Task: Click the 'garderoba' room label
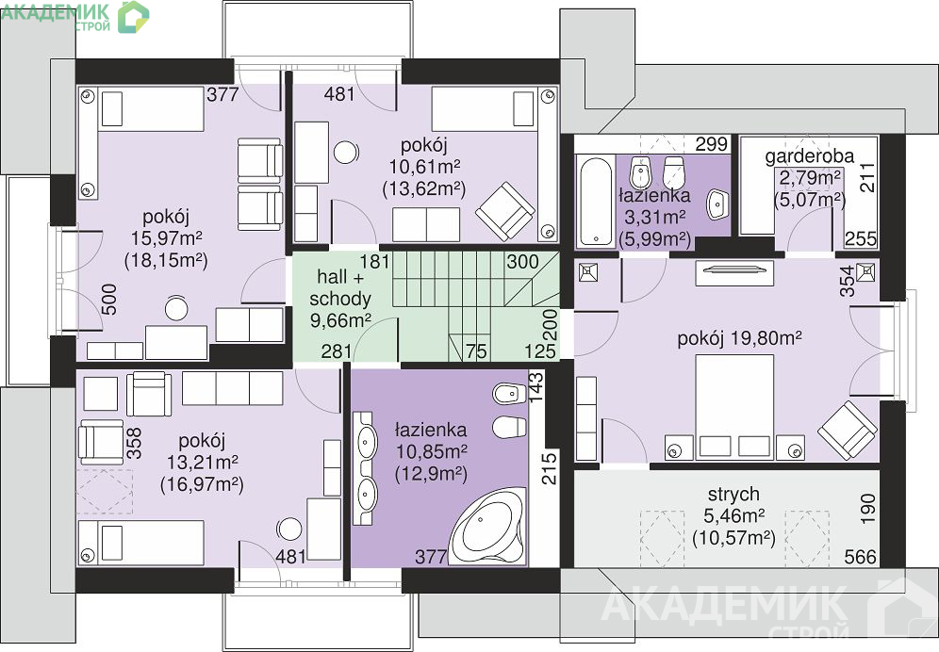pos(809,156)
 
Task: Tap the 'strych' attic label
pos(733,494)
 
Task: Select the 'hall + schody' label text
pos(339,287)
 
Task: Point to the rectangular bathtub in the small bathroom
pos(595,201)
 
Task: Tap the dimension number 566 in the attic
pos(861,557)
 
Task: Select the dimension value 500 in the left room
pos(109,300)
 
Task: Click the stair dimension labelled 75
pos(476,350)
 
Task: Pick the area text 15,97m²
pos(167,237)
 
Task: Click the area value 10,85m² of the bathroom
pos(431,450)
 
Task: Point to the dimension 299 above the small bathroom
pos(712,144)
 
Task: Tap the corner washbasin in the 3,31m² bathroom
pos(717,204)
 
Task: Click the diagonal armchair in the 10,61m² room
pos(504,211)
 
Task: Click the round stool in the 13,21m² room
pos(289,530)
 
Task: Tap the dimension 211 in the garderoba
pos(867,178)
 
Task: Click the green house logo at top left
pos(133,17)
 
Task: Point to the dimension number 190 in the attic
pos(867,510)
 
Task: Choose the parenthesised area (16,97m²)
pos(202,483)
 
